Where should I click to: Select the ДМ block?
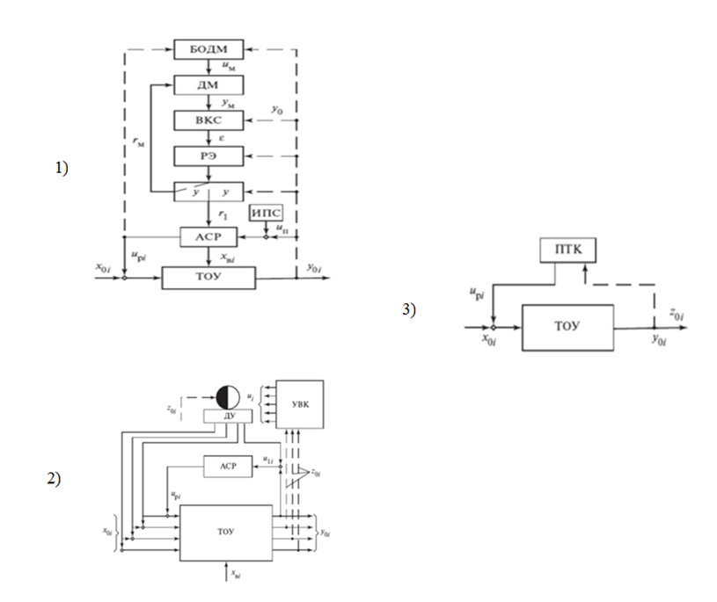click(208, 84)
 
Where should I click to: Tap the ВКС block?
click(208, 120)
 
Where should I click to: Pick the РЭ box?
click(208, 156)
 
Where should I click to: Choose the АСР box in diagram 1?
click(208, 237)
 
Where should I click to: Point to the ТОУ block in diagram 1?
click(208, 279)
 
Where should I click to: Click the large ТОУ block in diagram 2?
click(226, 533)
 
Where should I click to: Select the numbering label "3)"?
click(409, 309)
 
